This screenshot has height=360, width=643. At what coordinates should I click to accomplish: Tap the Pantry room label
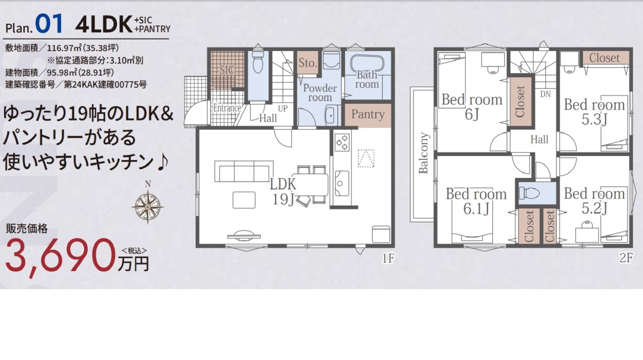pyautogui.click(x=368, y=114)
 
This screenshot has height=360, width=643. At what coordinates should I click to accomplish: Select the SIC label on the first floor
pyautogui.click(x=227, y=69)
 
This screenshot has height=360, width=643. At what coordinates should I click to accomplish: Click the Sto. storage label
pyautogui.click(x=307, y=63)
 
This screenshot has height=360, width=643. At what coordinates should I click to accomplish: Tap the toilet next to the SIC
pyautogui.click(x=258, y=61)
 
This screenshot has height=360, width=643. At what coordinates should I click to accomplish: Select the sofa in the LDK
pyautogui.click(x=243, y=171)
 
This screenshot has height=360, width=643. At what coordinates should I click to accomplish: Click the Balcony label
pyautogui.click(x=423, y=153)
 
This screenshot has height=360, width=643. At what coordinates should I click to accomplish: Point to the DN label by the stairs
pyautogui.click(x=545, y=94)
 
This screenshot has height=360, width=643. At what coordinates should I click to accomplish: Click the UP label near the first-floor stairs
pyautogui.click(x=283, y=109)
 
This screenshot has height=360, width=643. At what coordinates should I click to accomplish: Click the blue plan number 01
pyautogui.click(x=49, y=23)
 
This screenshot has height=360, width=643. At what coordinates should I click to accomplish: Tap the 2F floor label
pyautogui.click(x=626, y=257)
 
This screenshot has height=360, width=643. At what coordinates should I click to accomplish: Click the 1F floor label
pyautogui.click(x=388, y=258)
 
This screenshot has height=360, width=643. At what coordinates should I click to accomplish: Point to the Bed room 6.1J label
pyautogui.click(x=476, y=201)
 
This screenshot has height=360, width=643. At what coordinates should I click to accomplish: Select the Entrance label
pyautogui.click(x=227, y=108)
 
